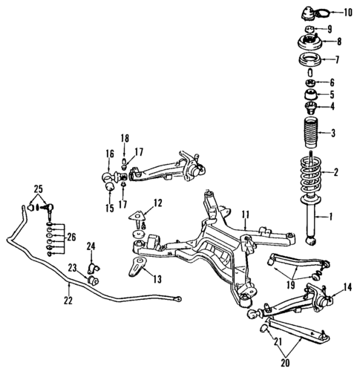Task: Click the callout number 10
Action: tap(348, 12)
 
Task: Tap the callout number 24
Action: tap(91, 246)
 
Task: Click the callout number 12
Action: tap(157, 203)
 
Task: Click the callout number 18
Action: tap(125, 138)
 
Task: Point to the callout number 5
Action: tap(332, 95)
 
